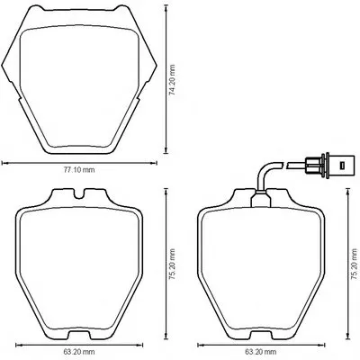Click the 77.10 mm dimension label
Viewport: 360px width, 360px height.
79,170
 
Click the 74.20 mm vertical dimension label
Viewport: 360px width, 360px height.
172,80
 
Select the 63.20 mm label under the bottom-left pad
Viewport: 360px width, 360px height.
79,351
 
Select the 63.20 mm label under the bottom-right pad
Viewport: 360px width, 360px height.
260,351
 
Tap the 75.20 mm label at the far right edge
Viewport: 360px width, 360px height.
355,265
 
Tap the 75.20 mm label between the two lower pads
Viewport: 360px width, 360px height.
172,265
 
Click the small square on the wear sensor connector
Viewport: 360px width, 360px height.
341,165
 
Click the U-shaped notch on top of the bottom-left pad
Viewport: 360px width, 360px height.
79,193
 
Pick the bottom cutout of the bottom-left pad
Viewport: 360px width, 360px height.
79,335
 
